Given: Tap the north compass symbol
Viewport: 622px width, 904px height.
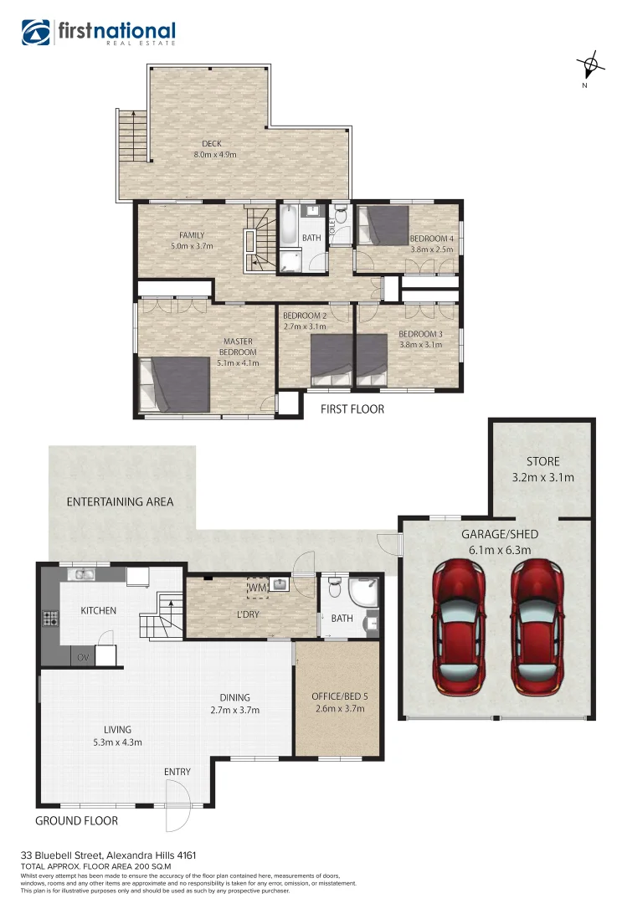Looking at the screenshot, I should [x=590, y=64].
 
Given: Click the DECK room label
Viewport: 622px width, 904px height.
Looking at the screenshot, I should [x=212, y=144].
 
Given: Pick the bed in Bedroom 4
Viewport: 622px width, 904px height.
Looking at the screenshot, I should [x=382, y=225].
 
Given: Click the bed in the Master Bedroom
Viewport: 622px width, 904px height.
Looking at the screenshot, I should [x=174, y=385].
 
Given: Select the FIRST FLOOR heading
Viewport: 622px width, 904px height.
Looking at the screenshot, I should [x=352, y=409].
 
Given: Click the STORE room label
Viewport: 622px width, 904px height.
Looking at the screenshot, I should [x=542, y=461].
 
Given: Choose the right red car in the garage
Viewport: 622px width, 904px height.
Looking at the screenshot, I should [x=537, y=624].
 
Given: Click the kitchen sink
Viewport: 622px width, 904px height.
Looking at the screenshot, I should [x=84, y=574].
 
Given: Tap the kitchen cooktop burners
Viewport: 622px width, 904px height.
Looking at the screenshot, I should [x=49, y=619].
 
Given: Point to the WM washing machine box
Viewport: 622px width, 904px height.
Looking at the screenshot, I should [x=256, y=589].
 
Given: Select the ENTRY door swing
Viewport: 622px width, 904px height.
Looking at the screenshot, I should [x=178, y=804].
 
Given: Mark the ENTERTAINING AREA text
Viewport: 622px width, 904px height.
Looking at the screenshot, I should [x=121, y=501].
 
